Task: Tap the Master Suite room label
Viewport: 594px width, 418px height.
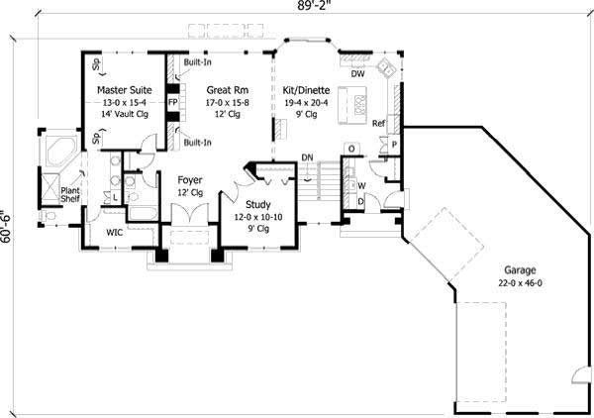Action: pyautogui.click(x=124, y=89)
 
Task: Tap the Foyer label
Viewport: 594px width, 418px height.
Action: pyautogui.click(x=190, y=180)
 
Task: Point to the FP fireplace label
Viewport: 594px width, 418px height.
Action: pyautogui.click(x=172, y=102)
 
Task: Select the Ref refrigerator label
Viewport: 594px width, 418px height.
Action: pyautogui.click(x=378, y=124)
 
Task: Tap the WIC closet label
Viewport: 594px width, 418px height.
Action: pyautogui.click(x=114, y=232)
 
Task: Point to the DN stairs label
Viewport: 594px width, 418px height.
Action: pyautogui.click(x=308, y=157)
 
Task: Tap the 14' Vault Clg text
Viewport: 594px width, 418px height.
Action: pyautogui.click(x=124, y=113)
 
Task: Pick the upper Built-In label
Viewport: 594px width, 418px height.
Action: pyautogui.click(x=198, y=61)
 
